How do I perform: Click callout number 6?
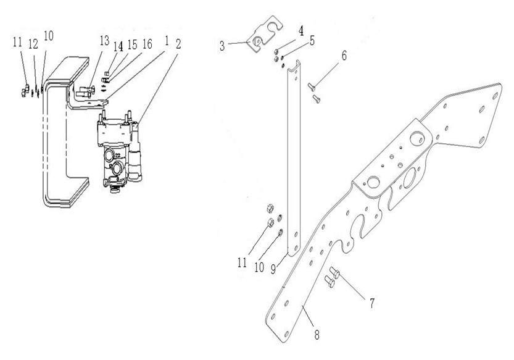pyautogui.click(x=344, y=55)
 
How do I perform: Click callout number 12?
pyautogui.click(x=34, y=43)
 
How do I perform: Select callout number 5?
pyautogui.click(x=312, y=41)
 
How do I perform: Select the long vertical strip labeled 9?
pyautogui.click(x=294, y=161)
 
